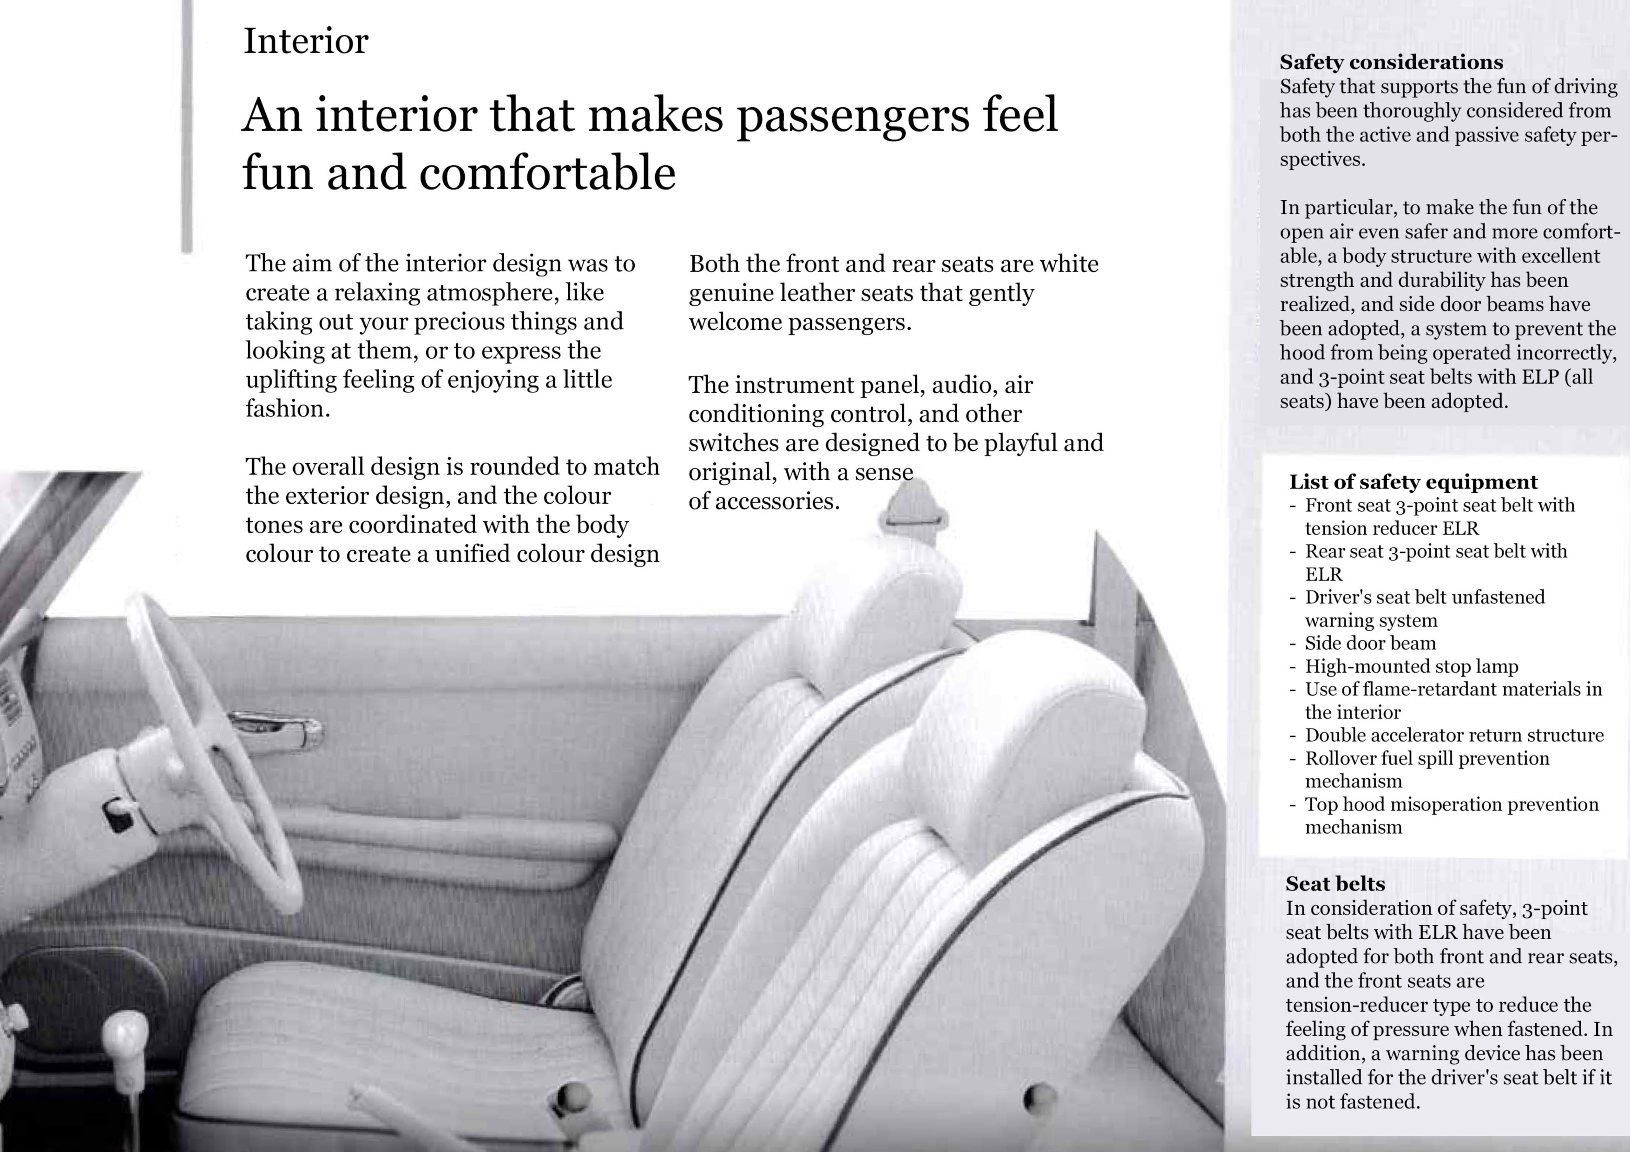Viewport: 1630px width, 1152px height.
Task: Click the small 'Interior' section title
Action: click(x=306, y=41)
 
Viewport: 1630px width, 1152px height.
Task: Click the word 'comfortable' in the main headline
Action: click(x=546, y=173)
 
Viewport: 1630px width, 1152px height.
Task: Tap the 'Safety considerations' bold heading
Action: click(x=1391, y=62)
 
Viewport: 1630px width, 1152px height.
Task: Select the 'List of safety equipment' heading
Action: click(x=1413, y=482)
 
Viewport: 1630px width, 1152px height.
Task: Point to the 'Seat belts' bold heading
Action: click(x=1334, y=884)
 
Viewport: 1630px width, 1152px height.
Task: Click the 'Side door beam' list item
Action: click(x=1370, y=643)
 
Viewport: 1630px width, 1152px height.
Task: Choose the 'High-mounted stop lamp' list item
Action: click(x=1411, y=666)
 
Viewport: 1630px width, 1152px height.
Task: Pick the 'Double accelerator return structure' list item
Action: click(x=1454, y=735)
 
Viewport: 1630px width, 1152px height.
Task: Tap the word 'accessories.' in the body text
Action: click(x=776, y=501)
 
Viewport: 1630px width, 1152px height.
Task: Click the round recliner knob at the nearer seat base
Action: click(x=1040, y=1097)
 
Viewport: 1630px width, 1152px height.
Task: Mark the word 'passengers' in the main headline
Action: click(x=852, y=115)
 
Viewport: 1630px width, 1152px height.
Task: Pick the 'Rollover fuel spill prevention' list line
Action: click(x=1426, y=758)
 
